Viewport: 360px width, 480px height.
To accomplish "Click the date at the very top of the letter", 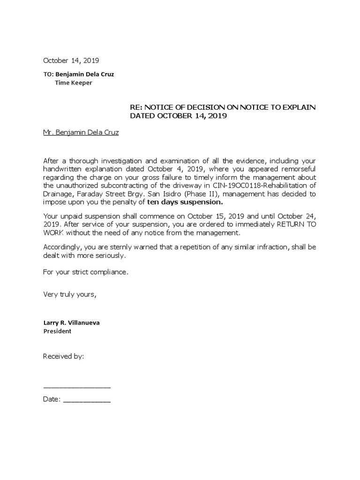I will [71, 60].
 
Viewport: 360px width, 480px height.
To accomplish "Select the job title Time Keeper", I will [74, 83].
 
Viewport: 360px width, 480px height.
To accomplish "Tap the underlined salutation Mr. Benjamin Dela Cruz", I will [81, 133].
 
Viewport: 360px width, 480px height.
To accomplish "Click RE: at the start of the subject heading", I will [136, 107].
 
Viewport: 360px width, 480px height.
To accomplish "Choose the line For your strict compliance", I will [85, 271].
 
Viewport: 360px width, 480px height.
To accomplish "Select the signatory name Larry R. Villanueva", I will [71, 323].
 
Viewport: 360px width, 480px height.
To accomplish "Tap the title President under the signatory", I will [57, 331].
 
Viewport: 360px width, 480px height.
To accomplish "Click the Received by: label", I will [63, 356].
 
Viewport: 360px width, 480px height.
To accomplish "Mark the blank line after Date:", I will [87, 401].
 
